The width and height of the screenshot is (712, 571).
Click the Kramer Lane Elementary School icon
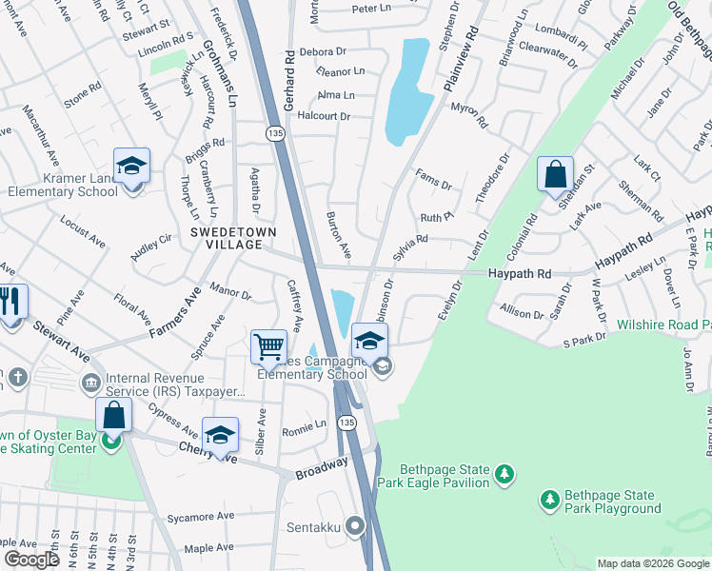point(132,166)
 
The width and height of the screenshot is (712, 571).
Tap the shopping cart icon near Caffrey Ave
point(269,347)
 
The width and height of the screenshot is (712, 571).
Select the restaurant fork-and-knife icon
point(10,303)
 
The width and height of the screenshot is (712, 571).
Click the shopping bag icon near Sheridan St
point(555,174)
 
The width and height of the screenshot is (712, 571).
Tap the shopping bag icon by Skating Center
point(113,416)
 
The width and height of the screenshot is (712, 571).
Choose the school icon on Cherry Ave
point(220,436)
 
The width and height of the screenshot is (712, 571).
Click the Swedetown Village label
point(226,238)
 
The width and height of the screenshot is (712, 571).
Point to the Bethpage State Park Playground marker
point(549,499)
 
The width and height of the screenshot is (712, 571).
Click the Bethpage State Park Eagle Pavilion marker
point(505,473)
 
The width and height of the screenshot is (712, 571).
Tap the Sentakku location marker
point(356,524)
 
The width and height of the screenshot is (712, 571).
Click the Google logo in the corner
point(31,560)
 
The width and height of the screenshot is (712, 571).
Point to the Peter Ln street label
point(372,9)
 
